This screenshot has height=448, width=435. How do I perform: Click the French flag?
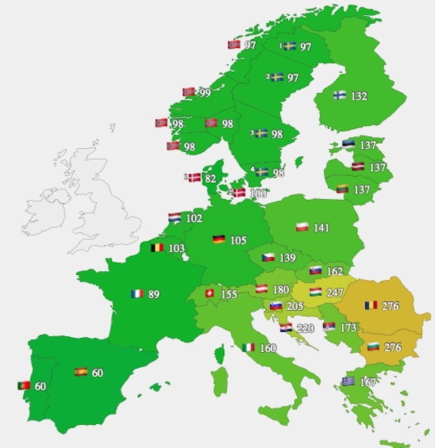click(x=136, y=294)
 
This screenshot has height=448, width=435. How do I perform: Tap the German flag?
click(x=219, y=240)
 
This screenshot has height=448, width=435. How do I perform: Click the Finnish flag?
click(x=339, y=96)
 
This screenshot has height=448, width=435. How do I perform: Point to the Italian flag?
click(x=248, y=348)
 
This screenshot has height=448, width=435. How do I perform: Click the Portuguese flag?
click(x=24, y=386)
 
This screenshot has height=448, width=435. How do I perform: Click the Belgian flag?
click(x=157, y=247)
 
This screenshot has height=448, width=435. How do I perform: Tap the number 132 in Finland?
click(x=359, y=96)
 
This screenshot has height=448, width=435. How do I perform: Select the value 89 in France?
click(x=154, y=294)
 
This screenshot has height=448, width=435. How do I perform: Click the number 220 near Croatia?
click(x=304, y=328)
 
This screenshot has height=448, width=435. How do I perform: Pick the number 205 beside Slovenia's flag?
click(x=295, y=306)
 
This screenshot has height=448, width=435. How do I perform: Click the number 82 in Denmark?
click(x=211, y=178)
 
